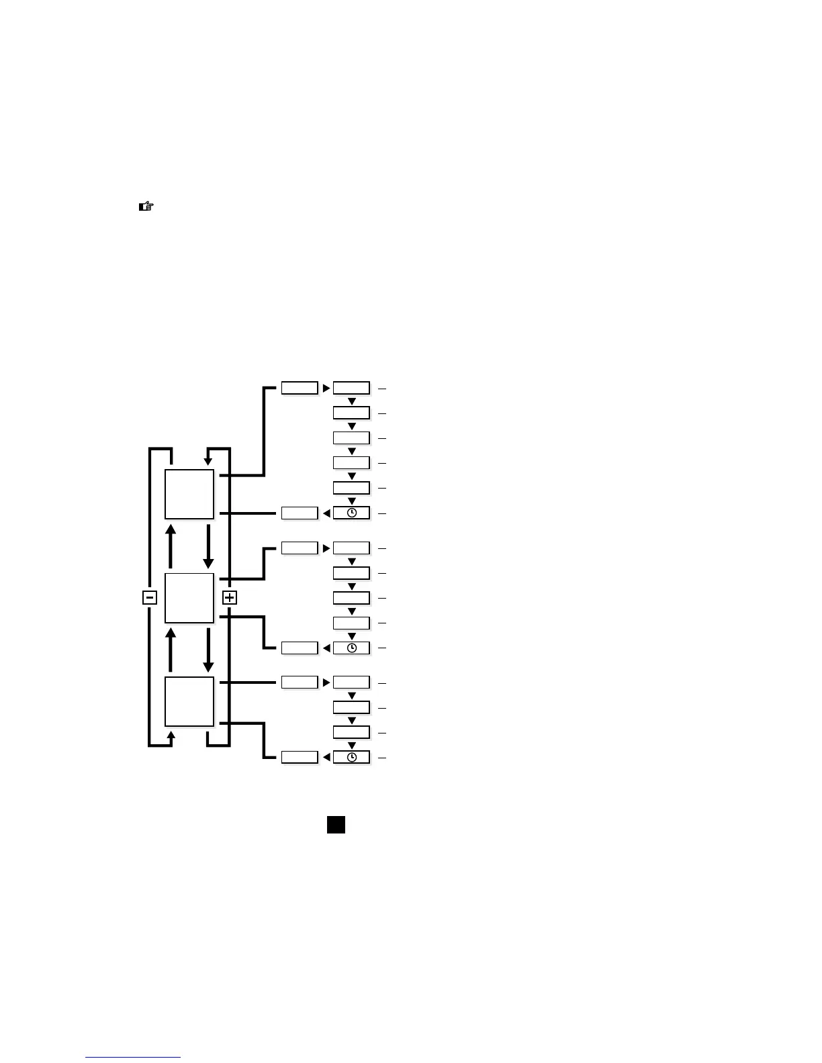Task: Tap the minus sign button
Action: [150, 597]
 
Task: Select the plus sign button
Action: [230, 597]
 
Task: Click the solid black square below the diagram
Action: [336, 825]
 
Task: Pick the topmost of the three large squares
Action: [189, 494]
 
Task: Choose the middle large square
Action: [189, 598]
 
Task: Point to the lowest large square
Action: [189, 701]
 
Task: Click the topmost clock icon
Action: [351, 513]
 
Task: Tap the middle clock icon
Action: [351, 648]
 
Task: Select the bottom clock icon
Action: [351, 758]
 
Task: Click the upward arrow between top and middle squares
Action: [171, 546]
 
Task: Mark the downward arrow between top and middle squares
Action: [208, 546]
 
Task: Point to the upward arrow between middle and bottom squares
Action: [171, 650]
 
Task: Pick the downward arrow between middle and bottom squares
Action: [208, 650]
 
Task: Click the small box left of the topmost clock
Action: [299, 513]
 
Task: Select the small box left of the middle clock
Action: [299, 648]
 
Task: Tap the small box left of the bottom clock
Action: [299, 758]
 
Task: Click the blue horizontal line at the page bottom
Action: [133, 1058]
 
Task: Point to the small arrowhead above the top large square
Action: [208, 462]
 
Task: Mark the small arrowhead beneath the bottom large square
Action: [171, 736]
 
